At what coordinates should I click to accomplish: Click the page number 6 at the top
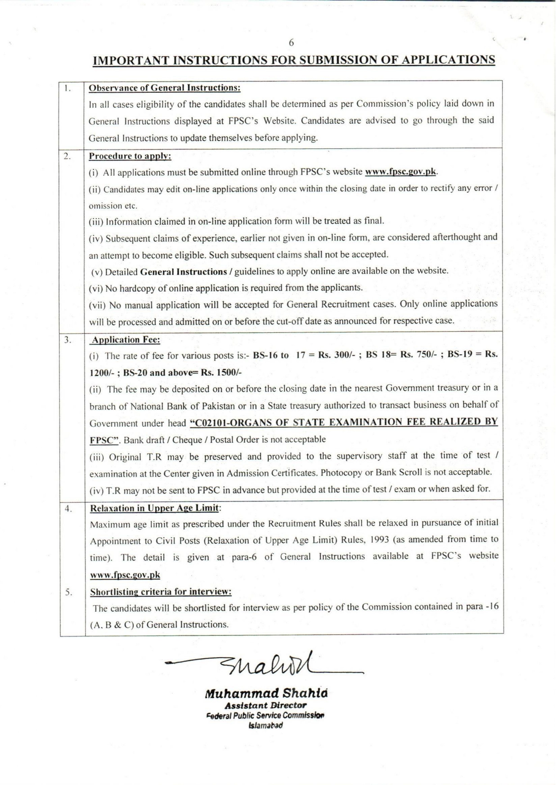click(x=291, y=43)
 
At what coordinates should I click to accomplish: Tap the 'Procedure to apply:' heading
click(x=130, y=156)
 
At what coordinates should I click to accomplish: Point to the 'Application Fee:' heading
click(x=126, y=340)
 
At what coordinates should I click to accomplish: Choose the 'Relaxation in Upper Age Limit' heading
click(x=154, y=508)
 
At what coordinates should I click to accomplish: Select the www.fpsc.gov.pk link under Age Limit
click(x=125, y=575)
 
